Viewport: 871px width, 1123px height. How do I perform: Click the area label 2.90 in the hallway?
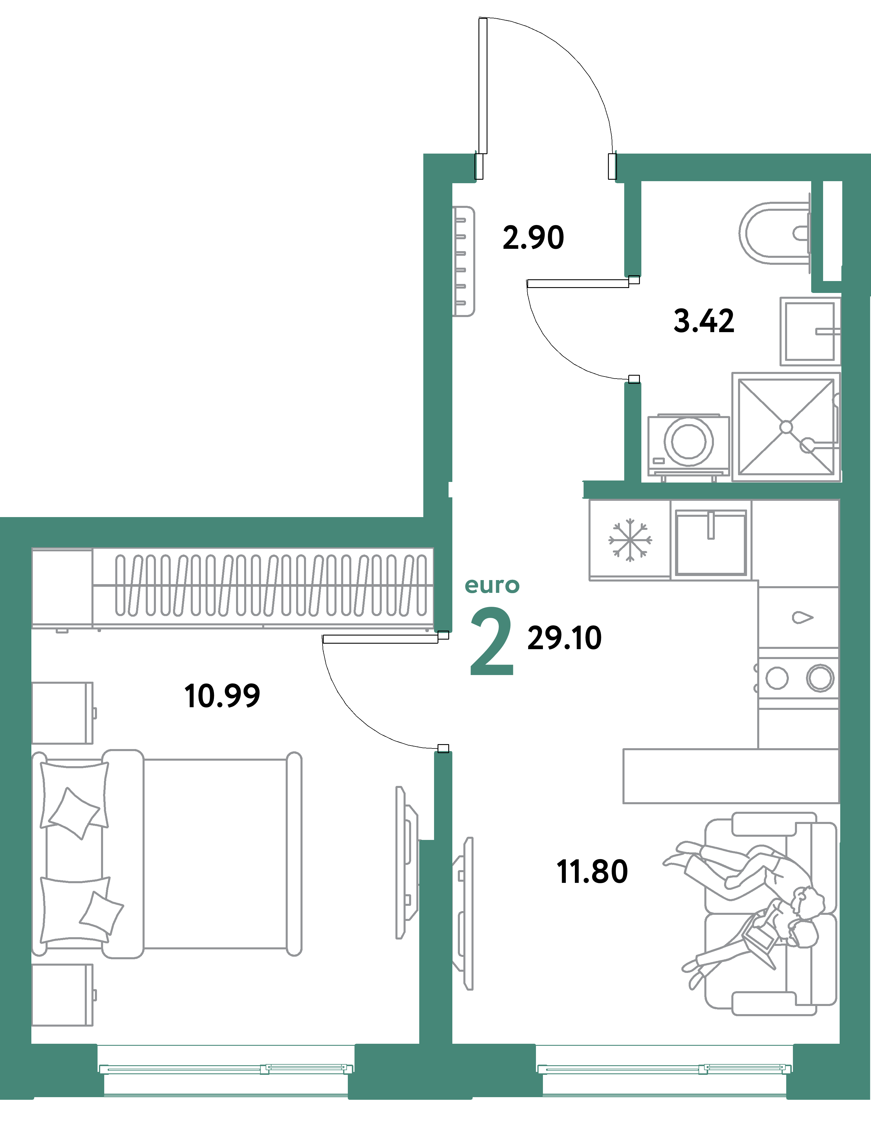pos(533,237)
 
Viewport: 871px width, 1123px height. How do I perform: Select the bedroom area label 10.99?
pos(222,696)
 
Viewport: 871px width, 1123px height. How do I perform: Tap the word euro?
pos(492,585)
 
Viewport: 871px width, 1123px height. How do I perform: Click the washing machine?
pos(688,442)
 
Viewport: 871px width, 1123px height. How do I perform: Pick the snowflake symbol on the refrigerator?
pos(630,540)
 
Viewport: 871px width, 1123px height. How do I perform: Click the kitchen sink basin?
pos(710,542)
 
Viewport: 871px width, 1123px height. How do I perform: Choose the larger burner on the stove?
pos(820,678)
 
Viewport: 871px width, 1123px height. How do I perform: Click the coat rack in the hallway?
pos(463,261)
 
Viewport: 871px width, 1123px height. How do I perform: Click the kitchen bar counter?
pos(730,776)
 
